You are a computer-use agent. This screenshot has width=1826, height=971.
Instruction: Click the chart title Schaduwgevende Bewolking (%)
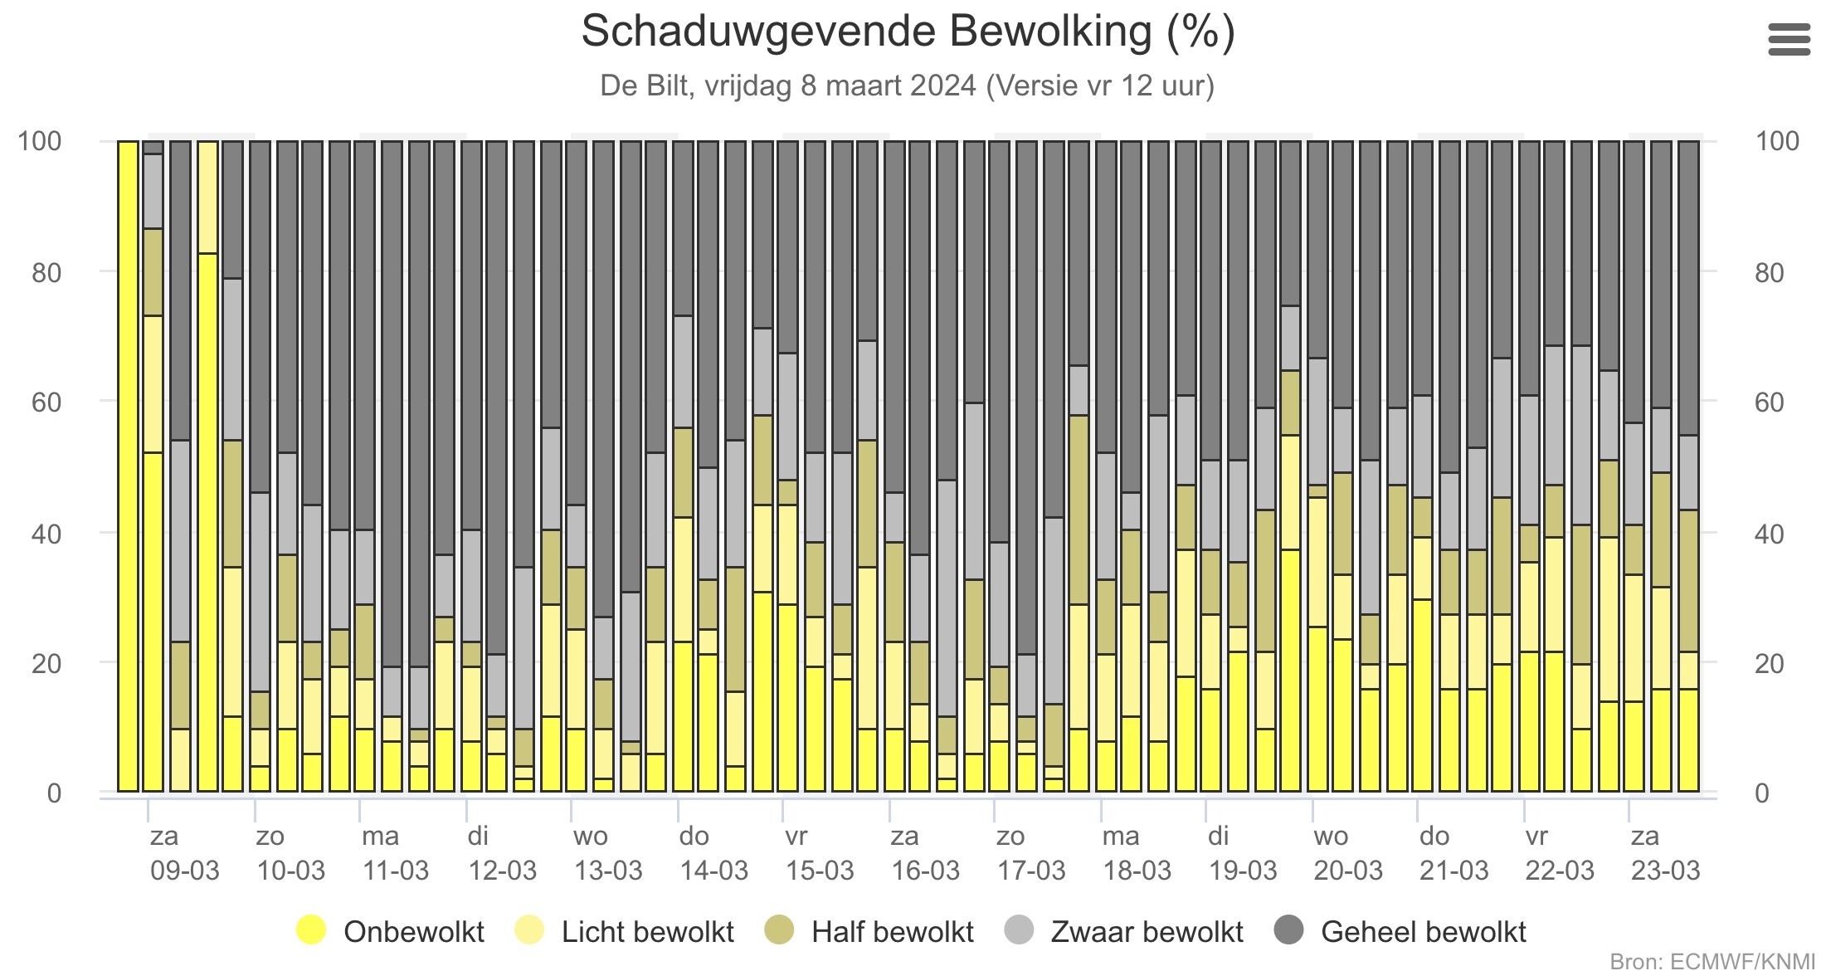pyautogui.click(x=908, y=32)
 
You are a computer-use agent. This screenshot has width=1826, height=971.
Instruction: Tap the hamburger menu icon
pyautogui.click(x=1789, y=39)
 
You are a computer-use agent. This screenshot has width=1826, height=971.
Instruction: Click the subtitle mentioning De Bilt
pyautogui.click(x=908, y=85)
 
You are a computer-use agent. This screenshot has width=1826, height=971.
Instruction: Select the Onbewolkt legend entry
pyautogui.click(x=390, y=931)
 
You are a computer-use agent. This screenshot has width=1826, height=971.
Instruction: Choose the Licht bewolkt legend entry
pyautogui.click(x=624, y=931)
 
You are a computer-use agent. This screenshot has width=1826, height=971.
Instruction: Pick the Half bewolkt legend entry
pyautogui.click(x=869, y=931)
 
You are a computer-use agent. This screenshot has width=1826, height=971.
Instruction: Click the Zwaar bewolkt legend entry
pyautogui.click(x=1123, y=931)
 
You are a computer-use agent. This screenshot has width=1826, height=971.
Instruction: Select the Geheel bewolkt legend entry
pyautogui.click(x=1400, y=931)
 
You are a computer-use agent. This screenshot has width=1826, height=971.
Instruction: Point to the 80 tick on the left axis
pyautogui.click(x=46, y=272)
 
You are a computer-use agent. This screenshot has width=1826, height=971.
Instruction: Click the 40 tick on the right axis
pyautogui.click(x=1770, y=534)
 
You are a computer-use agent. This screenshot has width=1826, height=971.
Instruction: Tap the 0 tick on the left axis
pyautogui.click(x=54, y=793)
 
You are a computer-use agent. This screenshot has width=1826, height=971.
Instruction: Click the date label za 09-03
pyautogui.click(x=184, y=853)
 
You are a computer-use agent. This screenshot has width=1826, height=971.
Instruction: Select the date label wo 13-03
pyautogui.click(x=608, y=853)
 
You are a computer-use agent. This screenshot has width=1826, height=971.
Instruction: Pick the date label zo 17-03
pyautogui.click(x=1030, y=853)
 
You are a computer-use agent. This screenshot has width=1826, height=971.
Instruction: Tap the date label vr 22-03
pyautogui.click(x=1560, y=853)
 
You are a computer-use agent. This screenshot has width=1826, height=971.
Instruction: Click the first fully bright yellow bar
pyautogui.click(x=128, y=466)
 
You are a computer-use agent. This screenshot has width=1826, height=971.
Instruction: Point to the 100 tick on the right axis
pyautogui.click(x=1778, y=141)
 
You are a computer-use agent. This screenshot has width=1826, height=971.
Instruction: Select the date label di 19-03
pyautogui.click(x=1242, y=853)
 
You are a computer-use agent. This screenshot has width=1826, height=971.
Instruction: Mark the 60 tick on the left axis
pyautogui.click(x=46, y=403)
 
